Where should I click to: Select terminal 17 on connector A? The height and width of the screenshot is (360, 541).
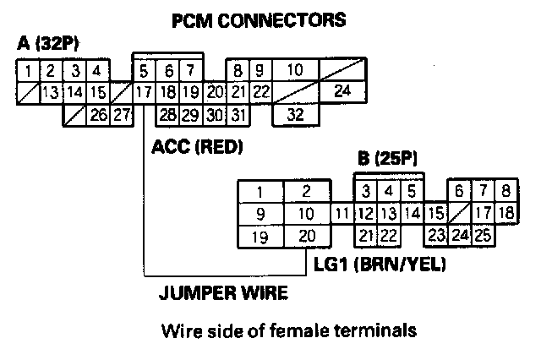[x=143, y=90]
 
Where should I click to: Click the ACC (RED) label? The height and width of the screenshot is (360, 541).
[x=196, y=148]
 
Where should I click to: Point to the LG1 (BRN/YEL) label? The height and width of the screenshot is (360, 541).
[x=378, y=265]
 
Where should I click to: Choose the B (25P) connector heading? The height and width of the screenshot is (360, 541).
[x=388, y=159]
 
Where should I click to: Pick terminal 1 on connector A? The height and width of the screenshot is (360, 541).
[x=28, y=70]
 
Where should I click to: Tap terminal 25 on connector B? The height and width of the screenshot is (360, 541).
[x=483, y=236]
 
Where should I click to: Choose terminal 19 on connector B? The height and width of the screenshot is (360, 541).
[x=260, y=236]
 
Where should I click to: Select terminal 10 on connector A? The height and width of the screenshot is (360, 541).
[x=294, y=70]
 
